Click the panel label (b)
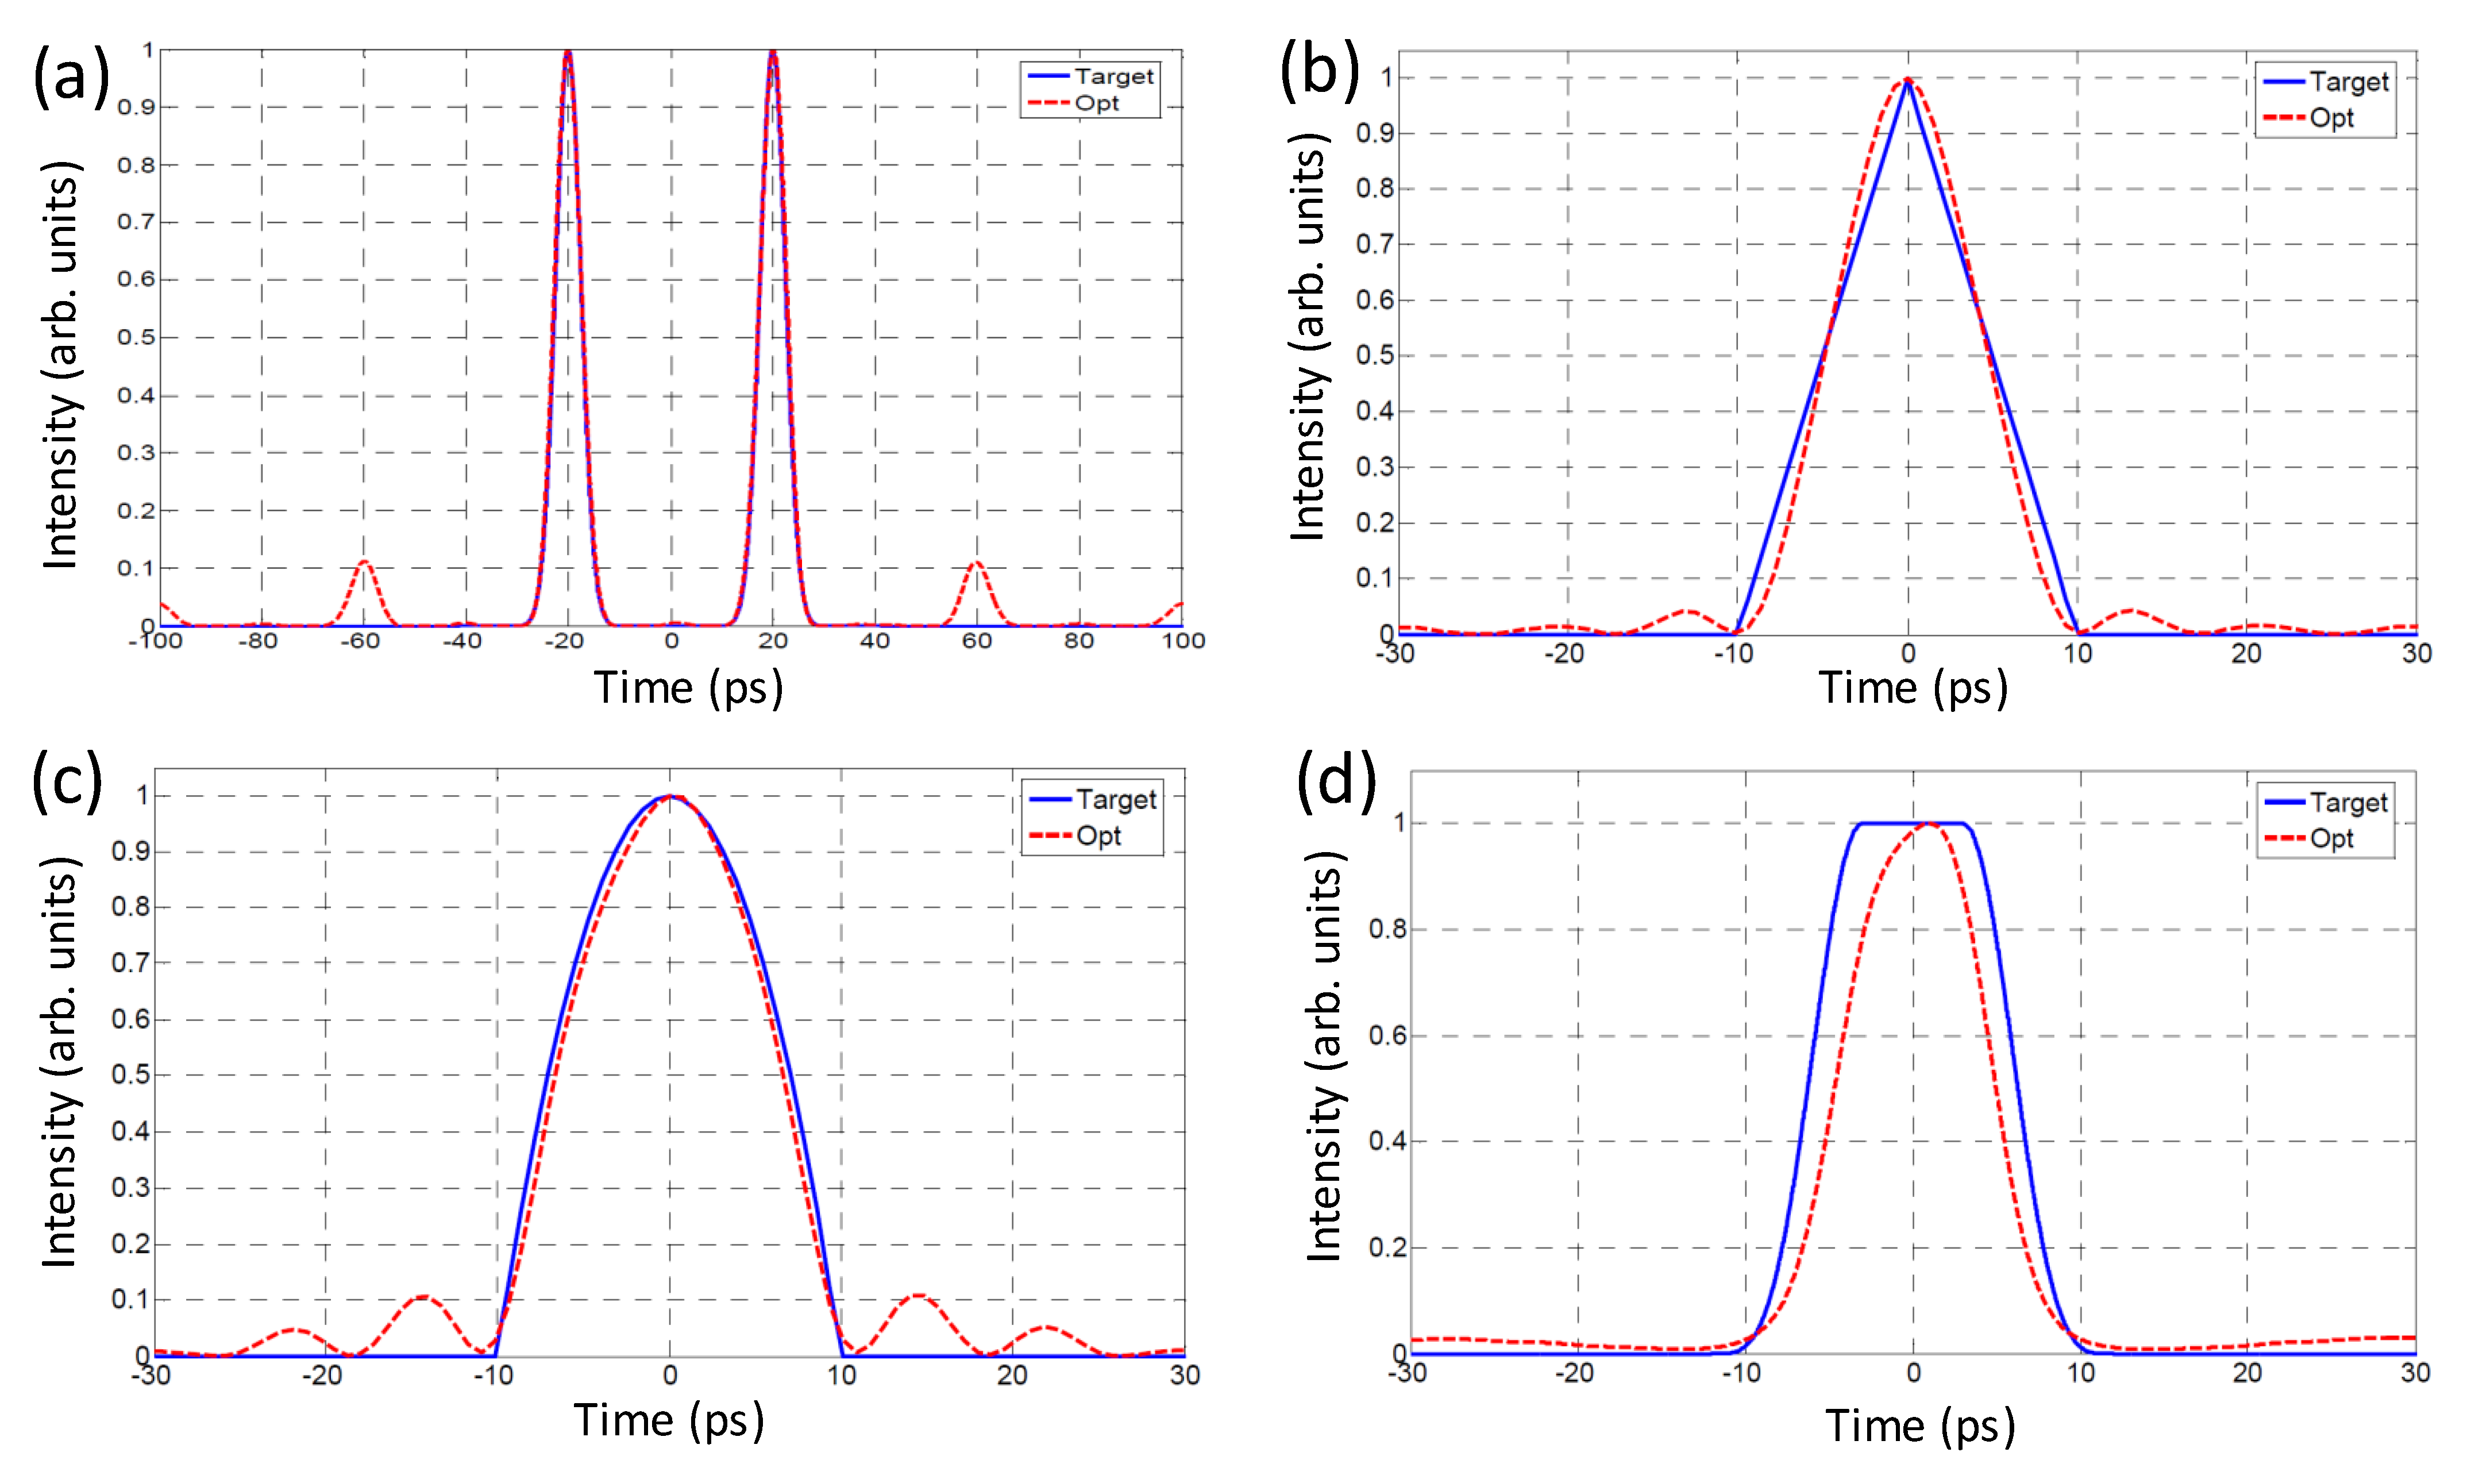[x=1319, y=70]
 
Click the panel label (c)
[x=67, y=780]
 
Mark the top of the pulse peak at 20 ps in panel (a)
[x=772, y=52]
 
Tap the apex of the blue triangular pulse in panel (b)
[x=1907, y=80]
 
